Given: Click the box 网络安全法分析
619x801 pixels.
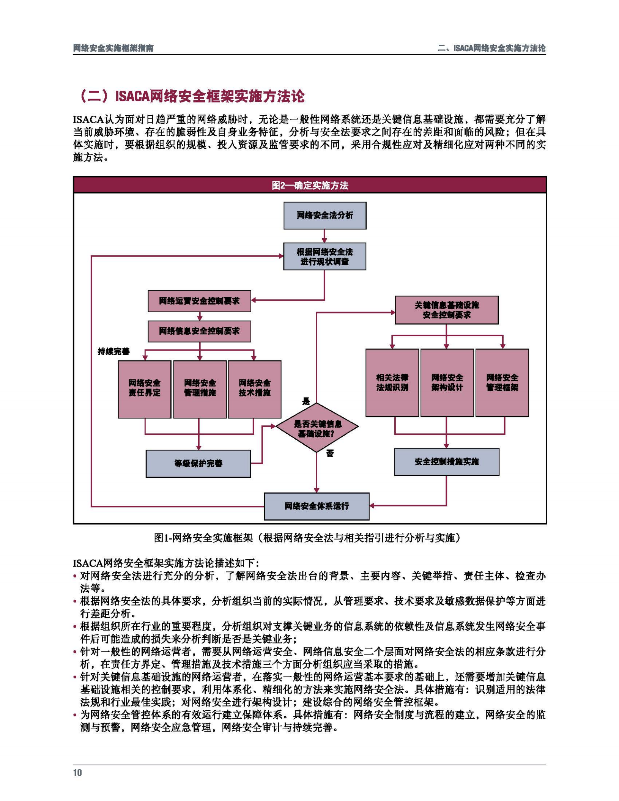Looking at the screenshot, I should [324, 215].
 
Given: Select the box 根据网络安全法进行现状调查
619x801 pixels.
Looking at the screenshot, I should [324, 256].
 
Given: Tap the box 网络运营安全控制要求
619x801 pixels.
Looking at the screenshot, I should [199, 301].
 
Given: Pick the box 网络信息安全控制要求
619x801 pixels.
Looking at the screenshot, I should [199, 331].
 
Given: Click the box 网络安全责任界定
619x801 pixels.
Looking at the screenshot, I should [144, 389].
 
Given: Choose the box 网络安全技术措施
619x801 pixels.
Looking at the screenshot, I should [254, 389].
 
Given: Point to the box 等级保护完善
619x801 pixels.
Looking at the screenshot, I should [198, 463].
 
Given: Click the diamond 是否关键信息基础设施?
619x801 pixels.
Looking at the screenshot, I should [317, 428].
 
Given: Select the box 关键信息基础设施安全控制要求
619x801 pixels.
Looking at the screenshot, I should [446, 310].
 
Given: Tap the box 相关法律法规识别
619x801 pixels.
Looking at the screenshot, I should [392, 382].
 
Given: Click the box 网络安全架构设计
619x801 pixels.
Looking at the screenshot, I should [447, 382].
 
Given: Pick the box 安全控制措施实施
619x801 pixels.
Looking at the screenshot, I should [446, 461].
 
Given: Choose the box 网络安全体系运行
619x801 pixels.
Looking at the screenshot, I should [317, 506].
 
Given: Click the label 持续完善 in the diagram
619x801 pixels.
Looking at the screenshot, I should [113, 351].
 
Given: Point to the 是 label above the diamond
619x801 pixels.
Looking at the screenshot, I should [306, 401].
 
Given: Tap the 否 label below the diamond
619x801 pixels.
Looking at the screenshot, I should [330, 453].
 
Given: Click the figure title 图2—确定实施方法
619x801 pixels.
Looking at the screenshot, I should [310, 185].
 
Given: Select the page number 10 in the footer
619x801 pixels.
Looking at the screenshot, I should [77, 773].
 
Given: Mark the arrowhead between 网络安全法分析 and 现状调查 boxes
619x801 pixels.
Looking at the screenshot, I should [324, 240].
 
